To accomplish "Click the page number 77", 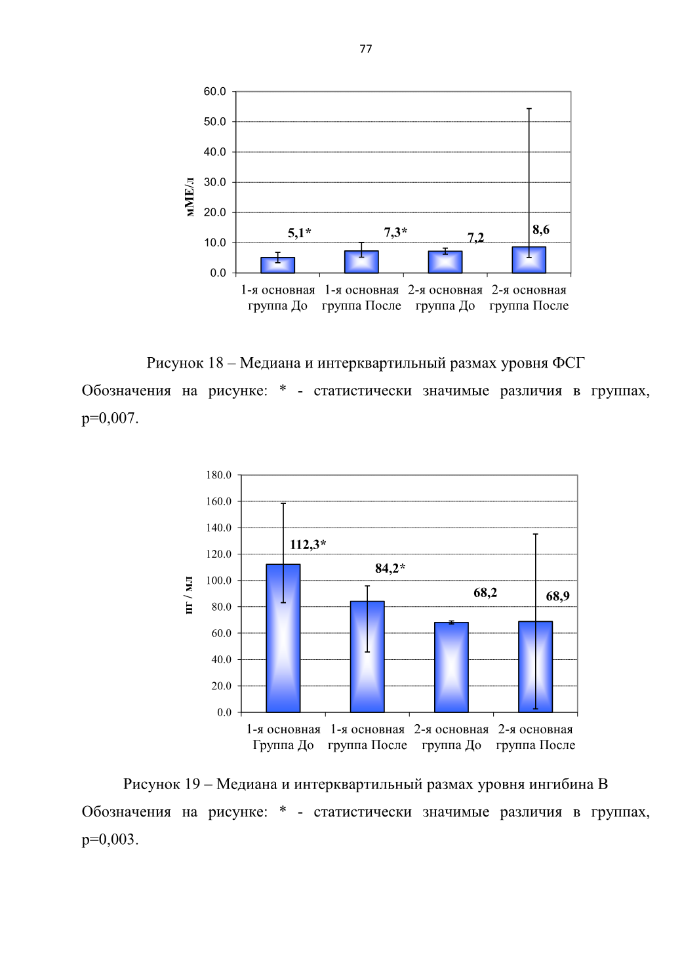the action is click(x=365, y=48).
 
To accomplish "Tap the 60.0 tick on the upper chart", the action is click(x=215, y=91).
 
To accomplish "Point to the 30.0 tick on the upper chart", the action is click(x=215, y=182).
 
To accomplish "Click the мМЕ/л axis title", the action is click(x=190, y=197).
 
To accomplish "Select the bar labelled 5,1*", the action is click(x=277, y=265).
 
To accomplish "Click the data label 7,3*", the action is click(x=395, y=233).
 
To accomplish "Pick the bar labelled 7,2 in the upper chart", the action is click(x=445, y=262).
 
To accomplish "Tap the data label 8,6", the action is click(x=541, y=230).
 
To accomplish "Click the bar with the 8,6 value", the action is click(x=529, y=260).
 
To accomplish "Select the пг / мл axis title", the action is click(x=189, y=596).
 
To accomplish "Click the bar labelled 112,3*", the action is click(x=283, y=638).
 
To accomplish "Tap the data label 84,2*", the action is click(x=391, y=568).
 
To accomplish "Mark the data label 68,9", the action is click(x=557, y=596).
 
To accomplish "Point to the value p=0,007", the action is click(x=110, y=418).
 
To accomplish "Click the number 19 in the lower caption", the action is click(x=192, y=784).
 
